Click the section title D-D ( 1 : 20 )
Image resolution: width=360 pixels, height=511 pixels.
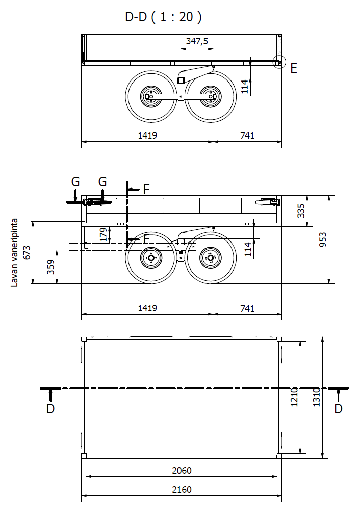click(x=163, y=17)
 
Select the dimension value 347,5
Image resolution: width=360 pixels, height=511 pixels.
click(x=197, y=41)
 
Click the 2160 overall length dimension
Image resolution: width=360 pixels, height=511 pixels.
click(x=182, y=489)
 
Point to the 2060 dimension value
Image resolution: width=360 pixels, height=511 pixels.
click(x=182, y=471)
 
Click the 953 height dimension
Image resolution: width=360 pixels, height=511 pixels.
click(x=322, y=240)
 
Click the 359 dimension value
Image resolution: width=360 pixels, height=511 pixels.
click(x=50, y=267)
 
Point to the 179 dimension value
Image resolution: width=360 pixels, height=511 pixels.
click(x=104, y=235)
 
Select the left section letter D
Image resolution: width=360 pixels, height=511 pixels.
click(x=50, y=409)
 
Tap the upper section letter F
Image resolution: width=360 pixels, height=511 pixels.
click(x=146, y=190)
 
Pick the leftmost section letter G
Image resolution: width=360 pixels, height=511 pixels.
click(x=75, y=181)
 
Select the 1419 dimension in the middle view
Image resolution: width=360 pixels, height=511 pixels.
click(x=147, y=308)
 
